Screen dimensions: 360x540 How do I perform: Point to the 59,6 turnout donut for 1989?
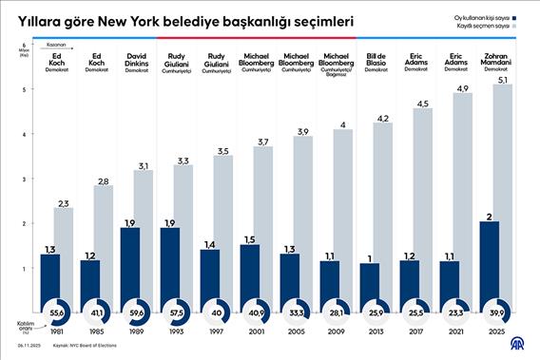click(137, 312)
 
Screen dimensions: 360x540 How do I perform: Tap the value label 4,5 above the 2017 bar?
click(423, 104)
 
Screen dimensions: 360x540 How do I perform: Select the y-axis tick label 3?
click(23, 179)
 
